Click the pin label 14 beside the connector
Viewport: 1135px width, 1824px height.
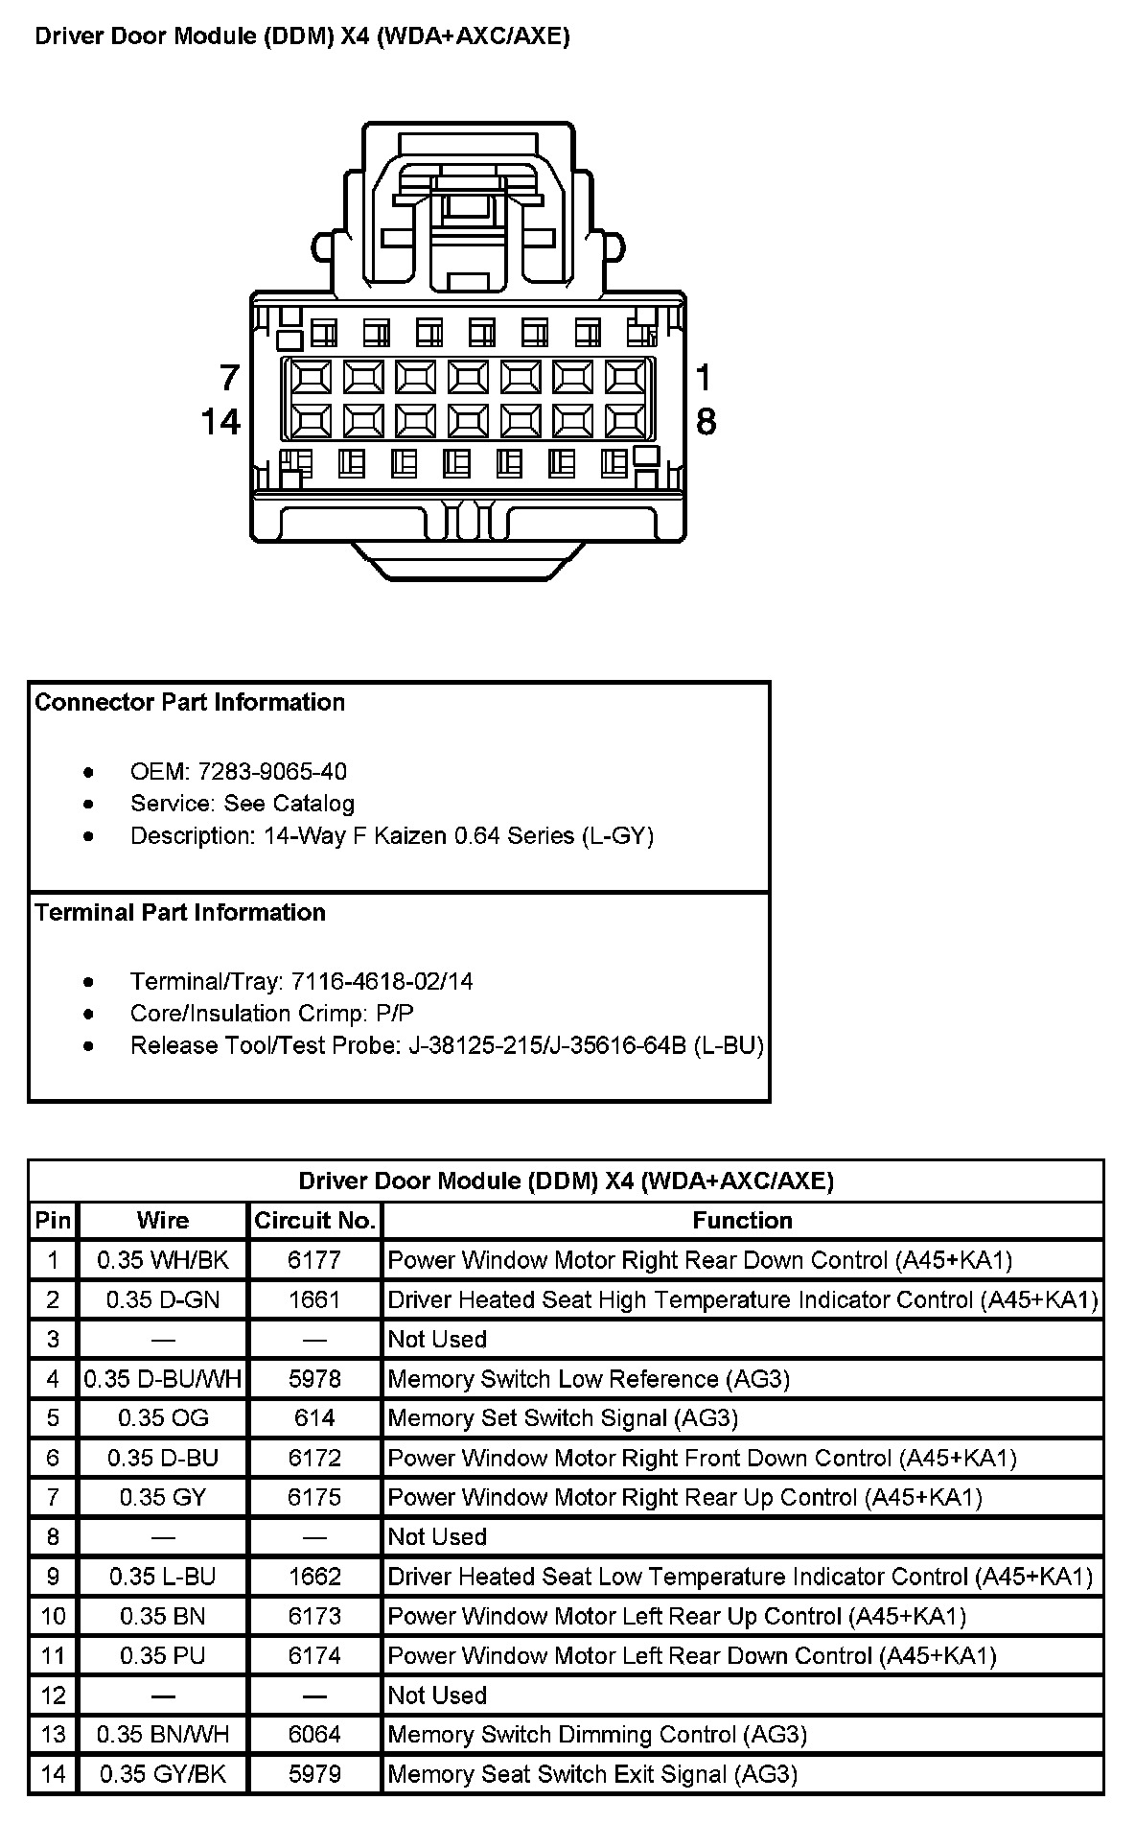[220, 421]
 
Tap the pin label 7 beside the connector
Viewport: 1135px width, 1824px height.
[229, 378]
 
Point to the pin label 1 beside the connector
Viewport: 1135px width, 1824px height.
[704, 378]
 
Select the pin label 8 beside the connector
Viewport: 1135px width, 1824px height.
[706, 421]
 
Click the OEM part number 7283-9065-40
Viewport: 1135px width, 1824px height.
[272, 772]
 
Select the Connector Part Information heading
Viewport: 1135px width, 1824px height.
[190, 702]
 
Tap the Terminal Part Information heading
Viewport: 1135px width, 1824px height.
[180, 912]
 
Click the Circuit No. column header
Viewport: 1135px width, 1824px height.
[314, 1221]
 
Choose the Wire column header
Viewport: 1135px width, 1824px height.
[163, 1221]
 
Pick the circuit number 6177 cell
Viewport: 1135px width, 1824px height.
[314, 1260]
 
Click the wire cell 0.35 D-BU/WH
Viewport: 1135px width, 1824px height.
[163, 1379]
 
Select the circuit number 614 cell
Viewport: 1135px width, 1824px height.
[314, 1418]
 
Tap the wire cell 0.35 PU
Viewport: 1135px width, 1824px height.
[163, 1655]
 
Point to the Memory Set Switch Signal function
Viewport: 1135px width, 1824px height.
[563, 1418]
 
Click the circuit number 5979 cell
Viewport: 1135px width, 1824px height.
[314, 1774]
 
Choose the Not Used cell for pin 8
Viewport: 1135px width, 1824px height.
[437, 1536]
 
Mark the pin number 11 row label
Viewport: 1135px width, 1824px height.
[53, 1655]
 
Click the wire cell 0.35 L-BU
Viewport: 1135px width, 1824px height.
[163, 1577]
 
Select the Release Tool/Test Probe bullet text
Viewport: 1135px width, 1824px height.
[447, 1045]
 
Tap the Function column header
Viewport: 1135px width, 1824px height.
[743, 1221]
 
